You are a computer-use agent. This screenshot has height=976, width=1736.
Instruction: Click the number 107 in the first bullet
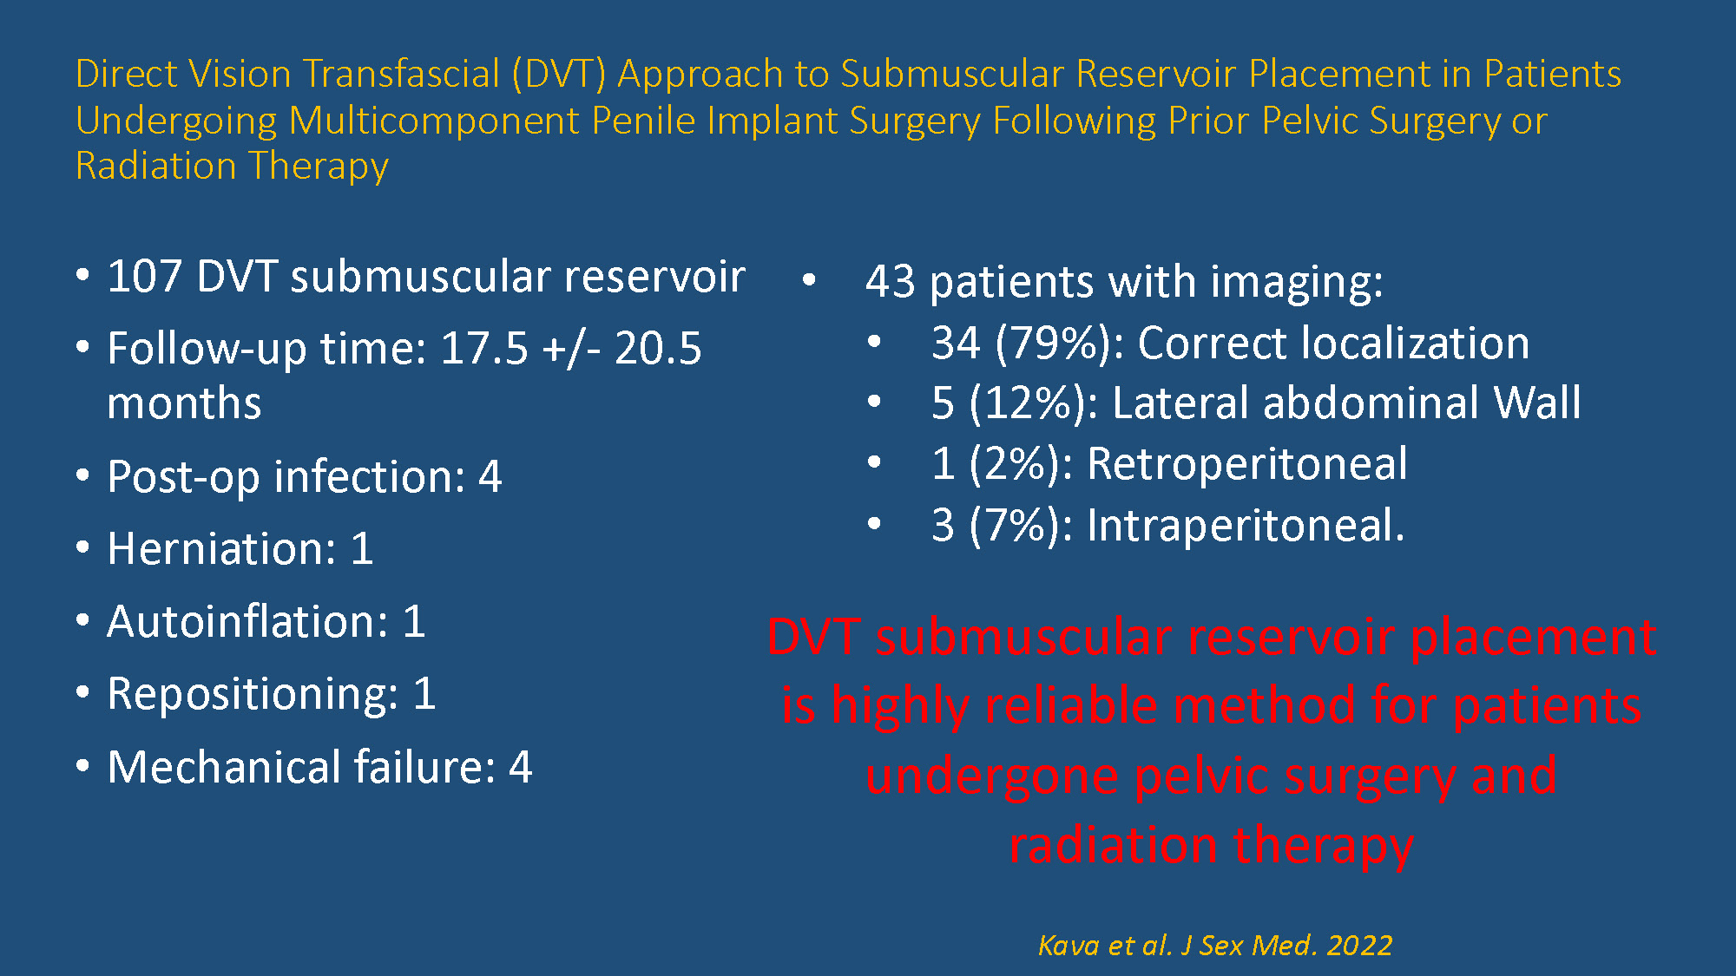point(144,277)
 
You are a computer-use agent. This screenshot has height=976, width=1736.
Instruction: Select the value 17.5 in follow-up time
point(484,349)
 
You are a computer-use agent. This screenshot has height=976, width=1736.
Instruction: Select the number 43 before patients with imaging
point(891,282)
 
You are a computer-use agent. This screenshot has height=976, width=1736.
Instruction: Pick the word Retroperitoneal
point(1247,463)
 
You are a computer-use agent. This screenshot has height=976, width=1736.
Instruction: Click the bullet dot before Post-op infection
point(83,476)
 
